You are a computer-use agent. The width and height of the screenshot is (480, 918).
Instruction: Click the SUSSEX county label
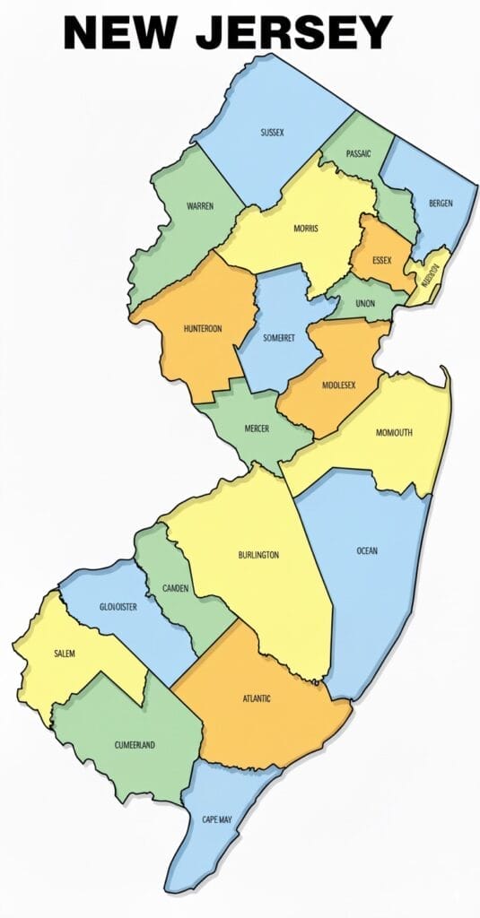272,133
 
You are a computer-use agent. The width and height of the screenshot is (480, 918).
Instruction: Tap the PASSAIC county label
358,154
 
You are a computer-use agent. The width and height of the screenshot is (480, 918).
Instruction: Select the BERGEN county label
441,204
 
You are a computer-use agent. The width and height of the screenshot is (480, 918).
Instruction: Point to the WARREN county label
199,206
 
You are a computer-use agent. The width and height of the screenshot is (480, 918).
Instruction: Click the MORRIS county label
305,229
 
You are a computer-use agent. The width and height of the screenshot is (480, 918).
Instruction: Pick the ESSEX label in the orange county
381,261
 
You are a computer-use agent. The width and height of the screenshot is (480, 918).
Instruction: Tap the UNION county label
365,304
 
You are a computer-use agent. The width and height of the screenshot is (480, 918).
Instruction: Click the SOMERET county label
278,338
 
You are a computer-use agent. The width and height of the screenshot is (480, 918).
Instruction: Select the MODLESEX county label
338,385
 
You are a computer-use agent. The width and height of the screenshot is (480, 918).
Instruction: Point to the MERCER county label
257,429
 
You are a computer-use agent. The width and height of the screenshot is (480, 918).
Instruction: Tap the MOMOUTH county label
394,433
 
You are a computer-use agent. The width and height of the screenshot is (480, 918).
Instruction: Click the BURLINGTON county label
258,555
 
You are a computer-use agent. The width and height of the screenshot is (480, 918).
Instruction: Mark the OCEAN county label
367,550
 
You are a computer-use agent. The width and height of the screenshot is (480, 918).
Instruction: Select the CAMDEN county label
175,588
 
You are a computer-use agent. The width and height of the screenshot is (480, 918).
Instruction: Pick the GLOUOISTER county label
118,607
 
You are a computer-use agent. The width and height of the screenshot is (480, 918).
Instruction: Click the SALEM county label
65,654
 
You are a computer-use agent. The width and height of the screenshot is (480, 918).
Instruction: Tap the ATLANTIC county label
257,698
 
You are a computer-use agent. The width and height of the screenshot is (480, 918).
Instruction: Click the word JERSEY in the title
294,33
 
